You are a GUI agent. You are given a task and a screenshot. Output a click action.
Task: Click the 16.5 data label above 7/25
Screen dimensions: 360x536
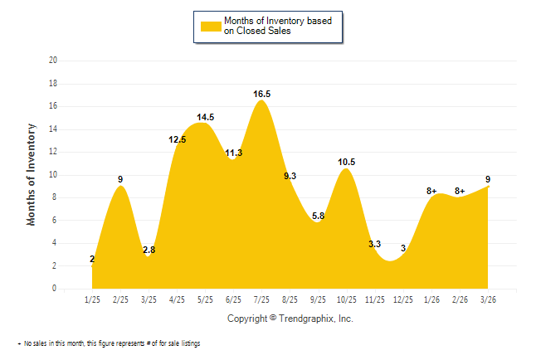pos(262,95)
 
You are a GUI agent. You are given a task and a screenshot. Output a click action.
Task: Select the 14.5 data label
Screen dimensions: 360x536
pos(206,118)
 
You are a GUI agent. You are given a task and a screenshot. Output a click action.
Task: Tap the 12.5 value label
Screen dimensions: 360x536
pos(177,140)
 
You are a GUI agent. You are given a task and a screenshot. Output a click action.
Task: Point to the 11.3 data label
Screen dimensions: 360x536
pos(234,153)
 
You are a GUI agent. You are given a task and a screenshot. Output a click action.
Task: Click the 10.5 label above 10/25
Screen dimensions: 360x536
pos(347,163)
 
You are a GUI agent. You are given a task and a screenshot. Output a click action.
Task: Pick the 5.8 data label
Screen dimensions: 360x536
pos(319,216)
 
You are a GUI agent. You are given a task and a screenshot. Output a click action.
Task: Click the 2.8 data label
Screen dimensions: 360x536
pos(149,251)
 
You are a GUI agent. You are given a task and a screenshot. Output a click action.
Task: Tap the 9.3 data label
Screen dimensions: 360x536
pos(290,176)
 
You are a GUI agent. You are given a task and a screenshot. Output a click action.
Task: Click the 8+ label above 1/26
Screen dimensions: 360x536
pos(431,191)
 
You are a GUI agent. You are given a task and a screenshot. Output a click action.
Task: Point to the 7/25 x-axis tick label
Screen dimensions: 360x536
pos(261,299)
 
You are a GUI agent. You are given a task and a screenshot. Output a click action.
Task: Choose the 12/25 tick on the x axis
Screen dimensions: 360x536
pos(403,299)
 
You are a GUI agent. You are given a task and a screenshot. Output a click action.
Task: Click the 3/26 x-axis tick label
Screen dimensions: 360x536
pos(488,299)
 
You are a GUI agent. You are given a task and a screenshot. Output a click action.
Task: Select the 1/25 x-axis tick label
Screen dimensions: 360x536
pos(92,299)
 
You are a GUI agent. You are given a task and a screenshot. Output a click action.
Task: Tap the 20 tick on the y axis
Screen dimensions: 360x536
pos(53,61)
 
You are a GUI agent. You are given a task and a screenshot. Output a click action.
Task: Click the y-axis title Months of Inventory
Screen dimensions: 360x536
pos(32,174)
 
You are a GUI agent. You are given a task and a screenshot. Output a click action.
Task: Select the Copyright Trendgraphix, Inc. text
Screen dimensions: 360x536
pos(290,319)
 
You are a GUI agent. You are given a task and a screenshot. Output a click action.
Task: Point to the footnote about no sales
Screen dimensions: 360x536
pos(109,343)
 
